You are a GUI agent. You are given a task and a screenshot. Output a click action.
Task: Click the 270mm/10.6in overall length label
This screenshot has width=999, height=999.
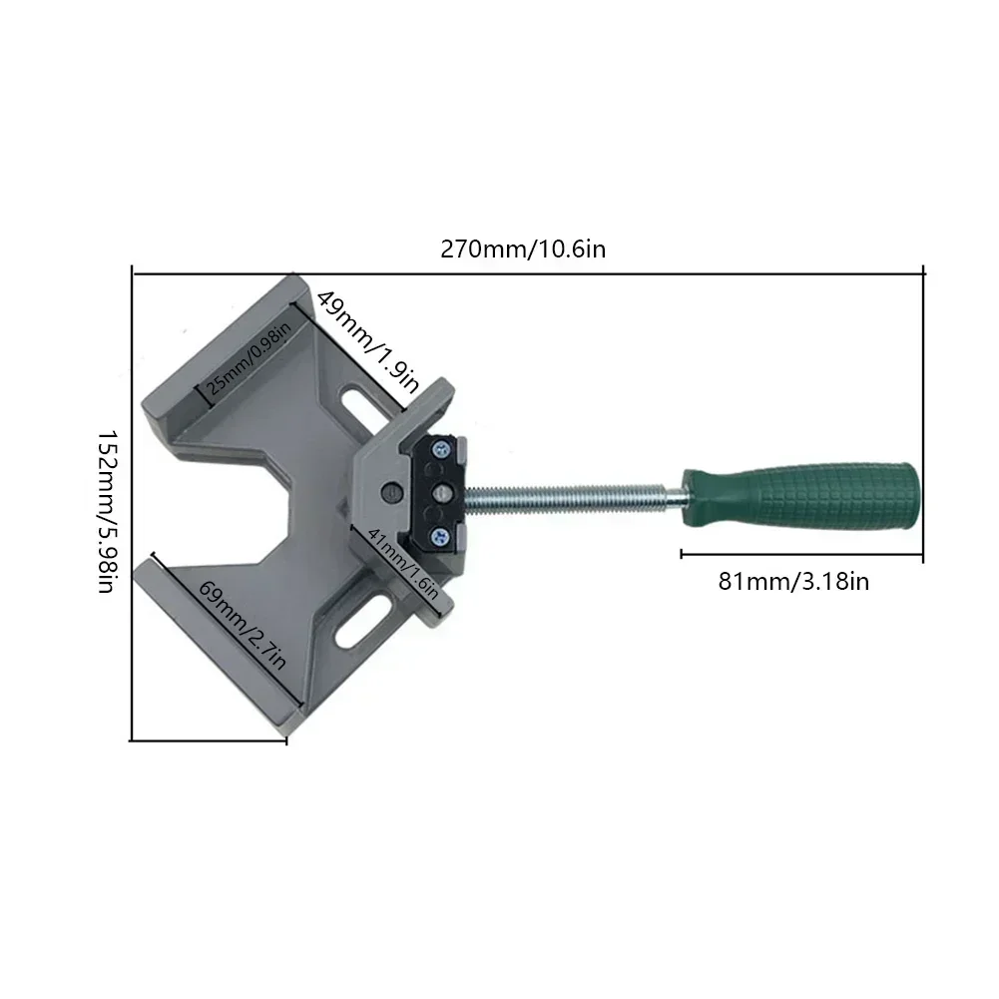[x=523, y=249]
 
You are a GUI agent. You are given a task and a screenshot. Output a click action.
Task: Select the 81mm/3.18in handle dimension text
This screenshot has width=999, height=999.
[x=793, y=581]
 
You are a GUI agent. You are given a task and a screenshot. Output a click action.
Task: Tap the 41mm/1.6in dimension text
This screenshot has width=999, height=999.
[x=403, y=563]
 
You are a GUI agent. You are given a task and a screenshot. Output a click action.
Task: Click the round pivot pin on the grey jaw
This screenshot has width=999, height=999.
[x=391, y=491]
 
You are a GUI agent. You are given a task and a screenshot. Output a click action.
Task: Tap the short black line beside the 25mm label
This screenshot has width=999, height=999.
[x=209, y=388]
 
